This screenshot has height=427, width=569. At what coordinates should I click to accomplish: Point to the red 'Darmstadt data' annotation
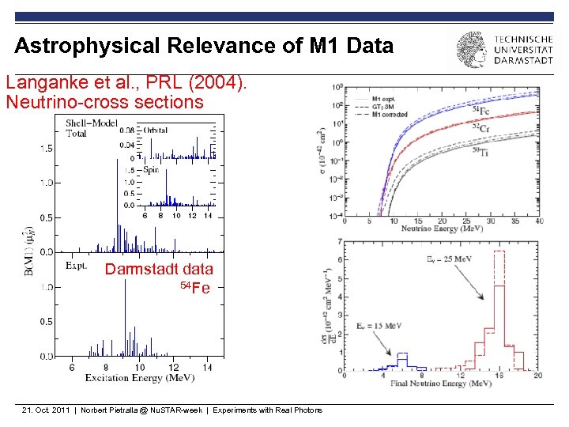coord(159,269)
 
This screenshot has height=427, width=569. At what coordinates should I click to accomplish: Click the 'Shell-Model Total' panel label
coord(87,128)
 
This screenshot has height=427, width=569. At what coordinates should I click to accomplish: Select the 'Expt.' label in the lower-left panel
coord(76,266)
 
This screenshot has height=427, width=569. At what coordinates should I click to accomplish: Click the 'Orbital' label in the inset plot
coord(156,130)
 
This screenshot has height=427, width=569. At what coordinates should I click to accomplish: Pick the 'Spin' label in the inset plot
coord(151,169)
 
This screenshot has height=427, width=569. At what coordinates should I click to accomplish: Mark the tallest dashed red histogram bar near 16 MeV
coord(499,252)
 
